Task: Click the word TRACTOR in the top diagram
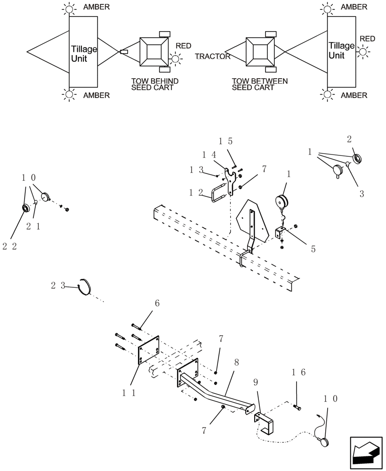(213, 57)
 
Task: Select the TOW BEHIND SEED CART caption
(155, 84)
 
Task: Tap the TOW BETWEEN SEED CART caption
(259, 84)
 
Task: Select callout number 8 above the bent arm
(236, 363)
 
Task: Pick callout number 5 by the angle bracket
(313, 249)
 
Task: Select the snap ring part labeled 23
(85, 286)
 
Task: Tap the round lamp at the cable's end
(323, 441)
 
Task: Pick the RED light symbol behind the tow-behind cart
(175, 59)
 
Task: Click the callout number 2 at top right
(349, 139)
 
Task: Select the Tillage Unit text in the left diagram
(84, 54)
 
